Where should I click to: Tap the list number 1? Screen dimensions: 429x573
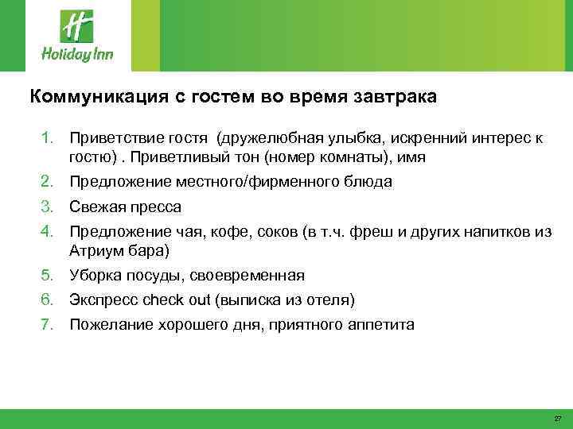pos(49,140)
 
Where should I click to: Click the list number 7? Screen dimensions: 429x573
pos(49,325)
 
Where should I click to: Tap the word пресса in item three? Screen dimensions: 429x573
pos(158,207)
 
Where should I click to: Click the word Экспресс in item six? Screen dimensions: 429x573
pos(102,300)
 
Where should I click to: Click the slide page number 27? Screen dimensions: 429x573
pos(557,418)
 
